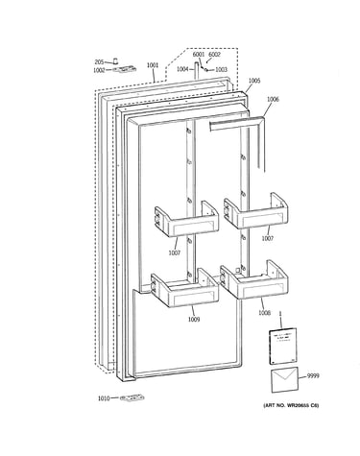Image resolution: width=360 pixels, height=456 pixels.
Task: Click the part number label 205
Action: click(99, 62)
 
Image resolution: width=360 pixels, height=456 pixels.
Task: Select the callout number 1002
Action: click(99, 70)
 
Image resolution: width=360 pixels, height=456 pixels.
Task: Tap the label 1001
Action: click(153, 65)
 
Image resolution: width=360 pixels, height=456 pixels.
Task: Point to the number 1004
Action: click(182, 69)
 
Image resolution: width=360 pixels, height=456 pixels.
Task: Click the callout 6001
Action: click(199, 55)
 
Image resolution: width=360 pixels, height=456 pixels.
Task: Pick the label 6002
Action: click(214, 55)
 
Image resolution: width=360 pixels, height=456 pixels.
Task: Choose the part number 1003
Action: click(221, 69)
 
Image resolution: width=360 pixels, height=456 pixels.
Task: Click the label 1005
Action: click(254, 81)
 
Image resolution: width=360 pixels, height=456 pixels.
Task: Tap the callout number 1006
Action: click(273, 99)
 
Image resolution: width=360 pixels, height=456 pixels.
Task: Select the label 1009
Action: click(194, 319)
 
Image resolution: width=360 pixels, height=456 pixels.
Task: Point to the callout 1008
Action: click(265, 313)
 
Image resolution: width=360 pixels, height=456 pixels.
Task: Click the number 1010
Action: click(104, 398)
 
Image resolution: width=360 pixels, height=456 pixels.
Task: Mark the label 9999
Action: click(313, 376)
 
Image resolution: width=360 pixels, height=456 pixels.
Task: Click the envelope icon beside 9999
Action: click(284, 380)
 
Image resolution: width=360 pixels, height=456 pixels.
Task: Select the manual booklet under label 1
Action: click(283, 346)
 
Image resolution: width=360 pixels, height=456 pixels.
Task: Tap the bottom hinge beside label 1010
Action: click(132, 398)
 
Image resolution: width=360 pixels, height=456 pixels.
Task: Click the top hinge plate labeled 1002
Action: click(124, 69)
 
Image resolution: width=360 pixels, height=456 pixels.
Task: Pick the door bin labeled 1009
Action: click(185, 287)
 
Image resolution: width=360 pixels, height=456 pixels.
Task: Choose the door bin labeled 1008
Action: click(254, 279)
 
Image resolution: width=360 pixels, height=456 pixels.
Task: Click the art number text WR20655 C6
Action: click(300, 405)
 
